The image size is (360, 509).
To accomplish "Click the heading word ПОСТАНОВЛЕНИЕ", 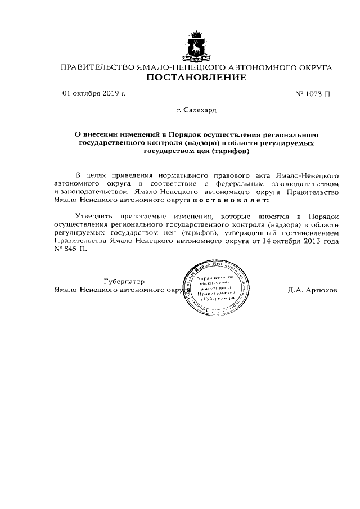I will pos(196,78).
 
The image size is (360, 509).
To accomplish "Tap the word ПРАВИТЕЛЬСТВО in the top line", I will pos(98,67).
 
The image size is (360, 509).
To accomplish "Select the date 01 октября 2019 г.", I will pos(93,93).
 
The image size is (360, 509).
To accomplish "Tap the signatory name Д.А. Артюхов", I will pos(312,290).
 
